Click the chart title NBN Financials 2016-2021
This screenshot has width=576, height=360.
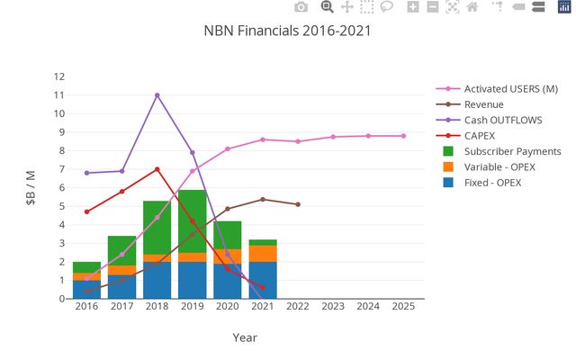click(x=287, y=31)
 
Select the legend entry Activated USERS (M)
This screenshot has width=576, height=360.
click(x=510, y=88)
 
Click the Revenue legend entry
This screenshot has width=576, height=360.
click(x=483, y=104)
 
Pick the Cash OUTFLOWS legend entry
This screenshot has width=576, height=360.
click(x=499, y=120)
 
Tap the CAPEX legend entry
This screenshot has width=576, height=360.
click(x=479, y=135)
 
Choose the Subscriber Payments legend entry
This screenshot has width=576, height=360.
click(x=512, y=151)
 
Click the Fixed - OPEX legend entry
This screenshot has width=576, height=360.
click(x=492, y=183)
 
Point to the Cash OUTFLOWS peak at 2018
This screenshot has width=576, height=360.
click(x=157, y=95)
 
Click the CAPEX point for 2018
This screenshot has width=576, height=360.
click(x=157, y=169)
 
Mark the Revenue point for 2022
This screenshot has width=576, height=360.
click(x=298, y=204)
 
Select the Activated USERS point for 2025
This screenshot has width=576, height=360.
click(x=403, y=136)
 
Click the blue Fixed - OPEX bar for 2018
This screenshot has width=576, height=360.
click(x=157, y=280)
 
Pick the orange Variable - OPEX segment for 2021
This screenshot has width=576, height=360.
click(x=263, y=253)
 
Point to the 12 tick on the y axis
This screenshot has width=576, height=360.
click(x=59, y=76)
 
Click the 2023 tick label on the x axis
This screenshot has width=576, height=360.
click(x=333, y=307)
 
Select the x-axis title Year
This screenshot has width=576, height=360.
click(x=244, y=337)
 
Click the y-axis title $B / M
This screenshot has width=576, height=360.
click(x=31, y=187)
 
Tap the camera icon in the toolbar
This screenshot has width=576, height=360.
click(x=301, y=7)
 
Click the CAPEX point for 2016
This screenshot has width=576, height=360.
click(x=86, y=211)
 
